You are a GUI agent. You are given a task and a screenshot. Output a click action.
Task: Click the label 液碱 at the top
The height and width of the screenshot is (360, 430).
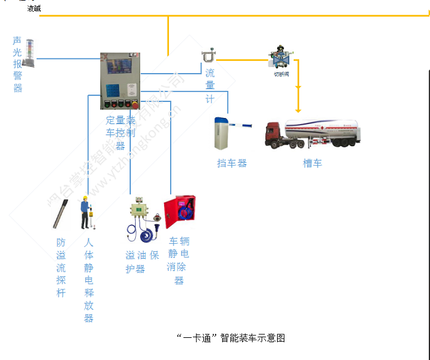coord(34,9)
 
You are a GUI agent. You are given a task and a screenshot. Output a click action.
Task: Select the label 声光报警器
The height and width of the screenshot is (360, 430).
coord(17,65)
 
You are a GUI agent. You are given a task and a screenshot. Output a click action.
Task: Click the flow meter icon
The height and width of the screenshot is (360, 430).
coord(209,57)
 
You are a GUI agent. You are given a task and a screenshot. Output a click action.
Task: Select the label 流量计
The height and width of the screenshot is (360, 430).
coord(210,86)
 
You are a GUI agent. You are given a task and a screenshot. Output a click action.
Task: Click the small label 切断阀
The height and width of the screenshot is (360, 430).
coord(281,74)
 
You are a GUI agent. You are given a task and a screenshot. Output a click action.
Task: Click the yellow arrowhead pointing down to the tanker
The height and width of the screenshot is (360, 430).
coord(298,108)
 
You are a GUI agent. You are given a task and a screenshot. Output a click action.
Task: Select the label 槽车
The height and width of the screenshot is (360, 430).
coord(312,163)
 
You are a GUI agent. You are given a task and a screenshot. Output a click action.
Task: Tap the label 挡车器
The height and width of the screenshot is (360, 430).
coord(232,163)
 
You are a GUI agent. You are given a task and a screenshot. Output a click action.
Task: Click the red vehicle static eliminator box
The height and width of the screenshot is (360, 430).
coord(180,212)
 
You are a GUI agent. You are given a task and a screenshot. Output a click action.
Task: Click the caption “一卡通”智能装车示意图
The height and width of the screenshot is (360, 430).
coord(230,338)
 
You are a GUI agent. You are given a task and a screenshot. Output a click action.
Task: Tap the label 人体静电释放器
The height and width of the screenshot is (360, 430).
coord(89,280)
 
